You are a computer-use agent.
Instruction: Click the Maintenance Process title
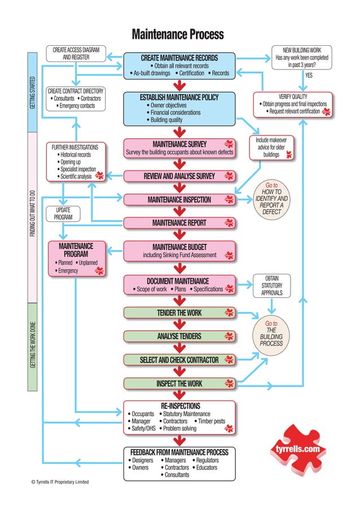coord(178,34)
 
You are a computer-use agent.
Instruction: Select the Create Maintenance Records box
coord(179,65)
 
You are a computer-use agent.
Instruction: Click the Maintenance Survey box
coord(179,148)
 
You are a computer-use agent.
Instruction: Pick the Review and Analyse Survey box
coord(179,177)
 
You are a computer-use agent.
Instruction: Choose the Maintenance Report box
coord(179,223)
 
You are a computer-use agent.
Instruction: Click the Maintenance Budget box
coord(179,251)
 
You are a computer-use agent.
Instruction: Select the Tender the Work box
coord(179,313)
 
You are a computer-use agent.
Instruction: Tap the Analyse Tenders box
coord(179,336)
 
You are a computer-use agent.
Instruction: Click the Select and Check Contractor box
coord(179,359)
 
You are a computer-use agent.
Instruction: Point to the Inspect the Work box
coord(179,384)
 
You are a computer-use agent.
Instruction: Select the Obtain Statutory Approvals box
coord(271,286)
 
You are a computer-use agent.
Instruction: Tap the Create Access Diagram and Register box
coord(76,54)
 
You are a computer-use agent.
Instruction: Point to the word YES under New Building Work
coord(309,76)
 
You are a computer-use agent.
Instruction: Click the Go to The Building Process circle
coord(271,334)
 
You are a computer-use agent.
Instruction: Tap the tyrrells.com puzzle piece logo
coord(297,449)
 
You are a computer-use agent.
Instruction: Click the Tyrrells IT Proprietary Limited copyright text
coord(60,482)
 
